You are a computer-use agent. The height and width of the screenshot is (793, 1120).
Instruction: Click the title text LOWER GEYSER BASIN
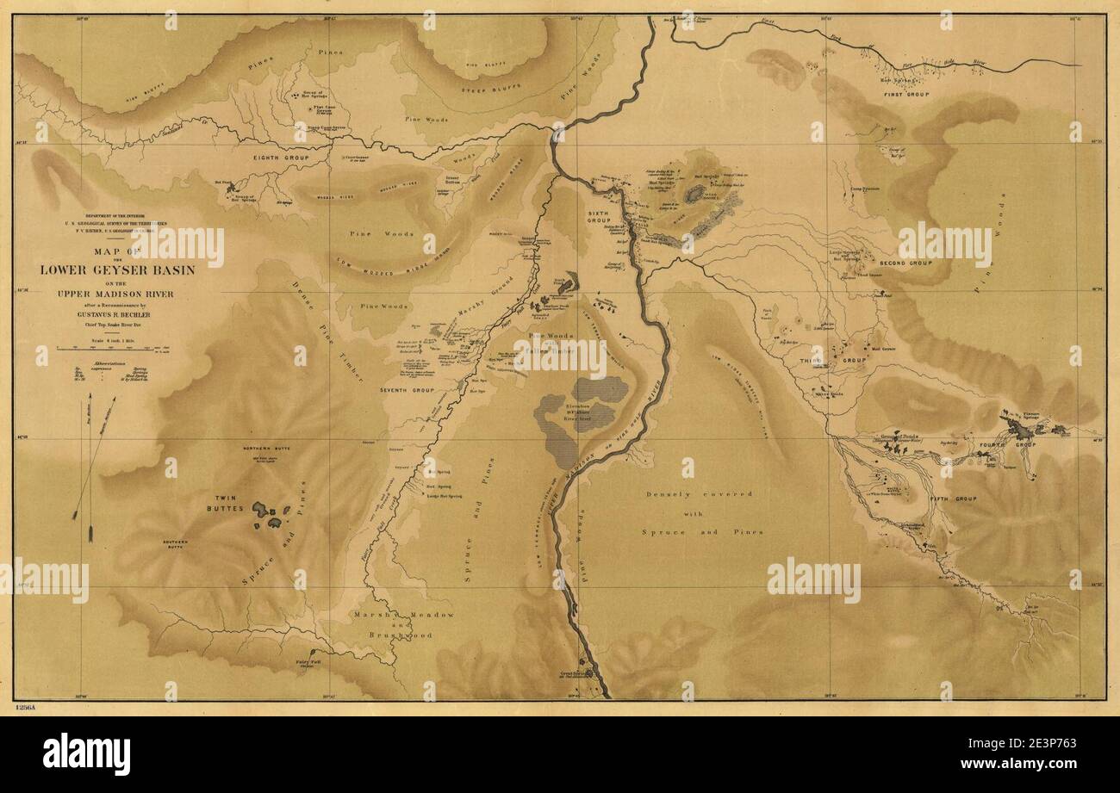pos(117,269)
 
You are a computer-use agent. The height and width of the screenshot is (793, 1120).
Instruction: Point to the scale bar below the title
pos(121,348)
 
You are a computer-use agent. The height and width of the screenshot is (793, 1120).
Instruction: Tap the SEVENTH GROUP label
pos(405,390)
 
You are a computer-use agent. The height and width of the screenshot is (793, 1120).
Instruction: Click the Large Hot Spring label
pos(445,496)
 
